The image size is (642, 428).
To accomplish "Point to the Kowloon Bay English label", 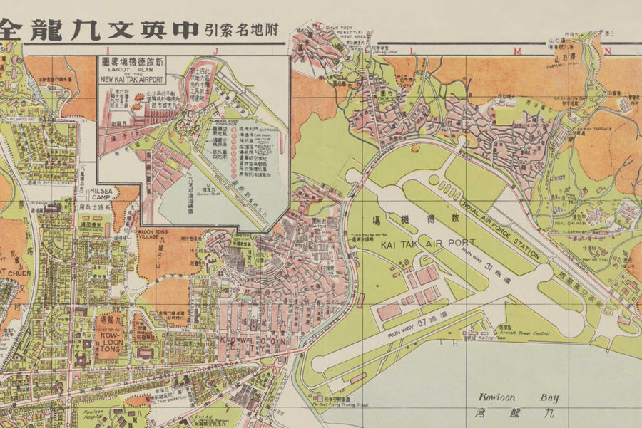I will (521, 398).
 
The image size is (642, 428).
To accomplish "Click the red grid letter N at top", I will (608, 50).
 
